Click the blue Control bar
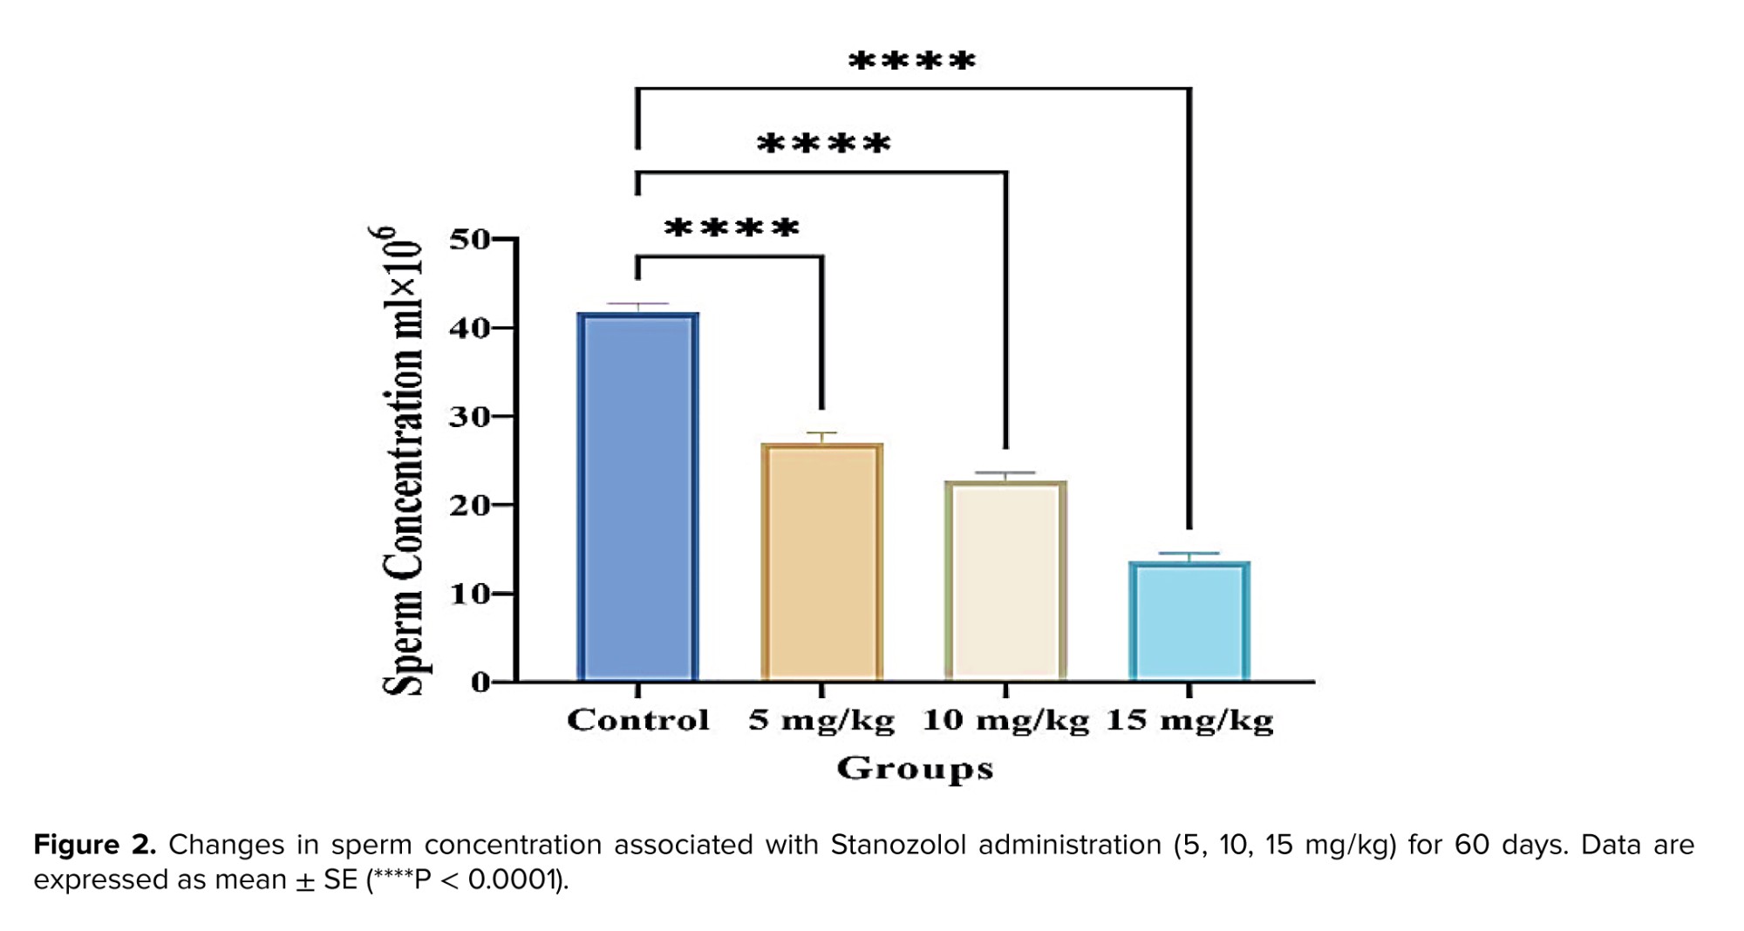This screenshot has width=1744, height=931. (637, 497)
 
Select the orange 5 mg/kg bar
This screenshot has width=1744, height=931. (821, 562)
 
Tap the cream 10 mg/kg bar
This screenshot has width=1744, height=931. (1005, 581)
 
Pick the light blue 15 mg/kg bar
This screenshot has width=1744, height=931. (1189, 621)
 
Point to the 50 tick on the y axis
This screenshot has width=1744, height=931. (469, 239)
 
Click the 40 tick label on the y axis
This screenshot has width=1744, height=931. (469, 329)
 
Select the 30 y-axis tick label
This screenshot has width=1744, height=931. (469, 418)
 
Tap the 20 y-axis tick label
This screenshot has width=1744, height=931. (469, 506)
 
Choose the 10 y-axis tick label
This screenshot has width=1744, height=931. (469, 595)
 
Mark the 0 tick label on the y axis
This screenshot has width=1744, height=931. (480, 683)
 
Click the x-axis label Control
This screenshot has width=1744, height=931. (637, 720)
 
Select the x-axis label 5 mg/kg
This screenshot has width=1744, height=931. (821, 721)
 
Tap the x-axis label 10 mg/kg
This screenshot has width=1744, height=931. (1005, 721)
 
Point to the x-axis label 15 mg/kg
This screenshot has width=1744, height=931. (1189, 721)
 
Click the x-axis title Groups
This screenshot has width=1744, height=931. (915, 769)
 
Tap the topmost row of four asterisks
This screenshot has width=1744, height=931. (912, 61)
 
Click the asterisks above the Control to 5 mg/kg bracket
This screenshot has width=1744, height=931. (731, 228)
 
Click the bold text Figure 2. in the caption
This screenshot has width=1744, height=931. (94, 845)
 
